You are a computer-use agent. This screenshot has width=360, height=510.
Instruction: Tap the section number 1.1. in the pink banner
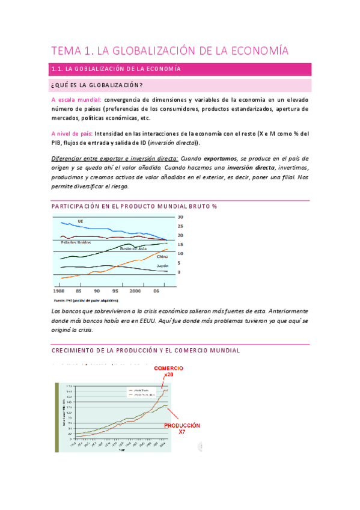click(x=60, y=70)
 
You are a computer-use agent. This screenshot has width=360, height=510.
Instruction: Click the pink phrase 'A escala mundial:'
click(x=76, y=99)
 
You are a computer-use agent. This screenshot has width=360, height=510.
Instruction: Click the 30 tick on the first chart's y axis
click(x=179, y=217)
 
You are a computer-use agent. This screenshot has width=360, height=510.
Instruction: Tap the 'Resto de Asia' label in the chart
click(x=133, y=248)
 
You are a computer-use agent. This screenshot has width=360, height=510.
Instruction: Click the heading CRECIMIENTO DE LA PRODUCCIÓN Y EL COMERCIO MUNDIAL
click(x=145, y=350)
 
